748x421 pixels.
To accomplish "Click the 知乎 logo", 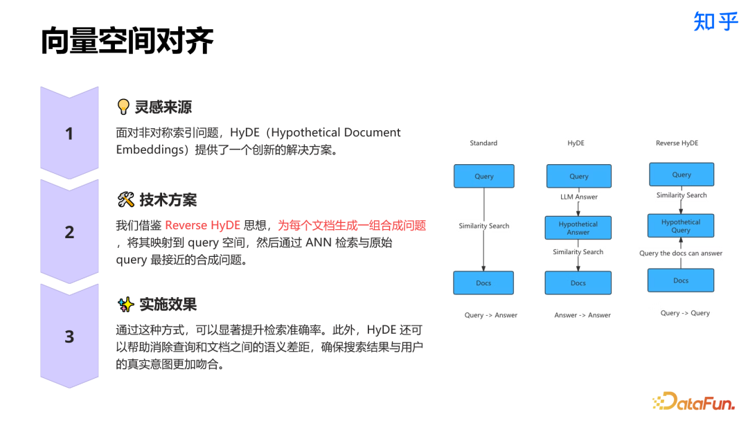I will tap(716, 21).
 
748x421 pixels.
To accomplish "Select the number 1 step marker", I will tap(69, 134).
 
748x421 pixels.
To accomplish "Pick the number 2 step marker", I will tap(69, 232).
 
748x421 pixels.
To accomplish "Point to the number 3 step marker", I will tap(69, 337).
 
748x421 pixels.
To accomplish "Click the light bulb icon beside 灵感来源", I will tap(124, 107).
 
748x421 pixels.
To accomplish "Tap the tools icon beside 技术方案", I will tap(126, 200).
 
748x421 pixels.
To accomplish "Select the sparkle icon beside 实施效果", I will tap(125, 304).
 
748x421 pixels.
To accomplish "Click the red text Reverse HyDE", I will tap(202, 225).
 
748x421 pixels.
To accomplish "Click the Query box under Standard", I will tap(483, 176).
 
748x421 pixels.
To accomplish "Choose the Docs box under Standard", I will tap(483, 283).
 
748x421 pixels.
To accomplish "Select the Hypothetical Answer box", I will tap(578, 228).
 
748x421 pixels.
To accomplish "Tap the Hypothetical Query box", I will tap(681, 226).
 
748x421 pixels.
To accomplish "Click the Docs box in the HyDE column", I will tap(578, 283).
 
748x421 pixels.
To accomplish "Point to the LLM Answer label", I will tap(578, 197).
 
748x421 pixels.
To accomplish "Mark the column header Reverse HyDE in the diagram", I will tap(677, 143).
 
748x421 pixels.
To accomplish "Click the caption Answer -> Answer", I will tap(582, 315).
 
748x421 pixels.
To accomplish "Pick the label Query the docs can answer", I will tap(680, 253).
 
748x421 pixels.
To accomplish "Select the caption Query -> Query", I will tap(685, 313).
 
